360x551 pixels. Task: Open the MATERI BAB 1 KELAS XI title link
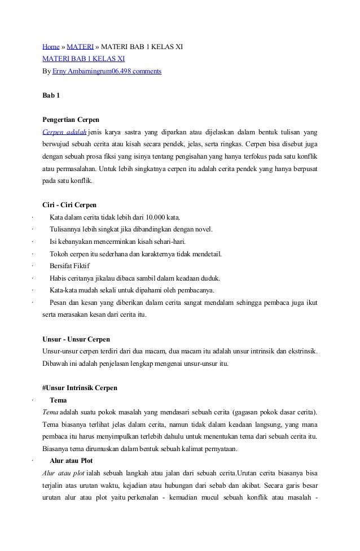point(84,59)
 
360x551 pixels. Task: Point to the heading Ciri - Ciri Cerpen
point(69,205)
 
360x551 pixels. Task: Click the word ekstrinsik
point(300,352)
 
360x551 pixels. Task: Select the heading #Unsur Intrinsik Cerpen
point(80,388)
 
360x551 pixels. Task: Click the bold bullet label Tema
point(59,400)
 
